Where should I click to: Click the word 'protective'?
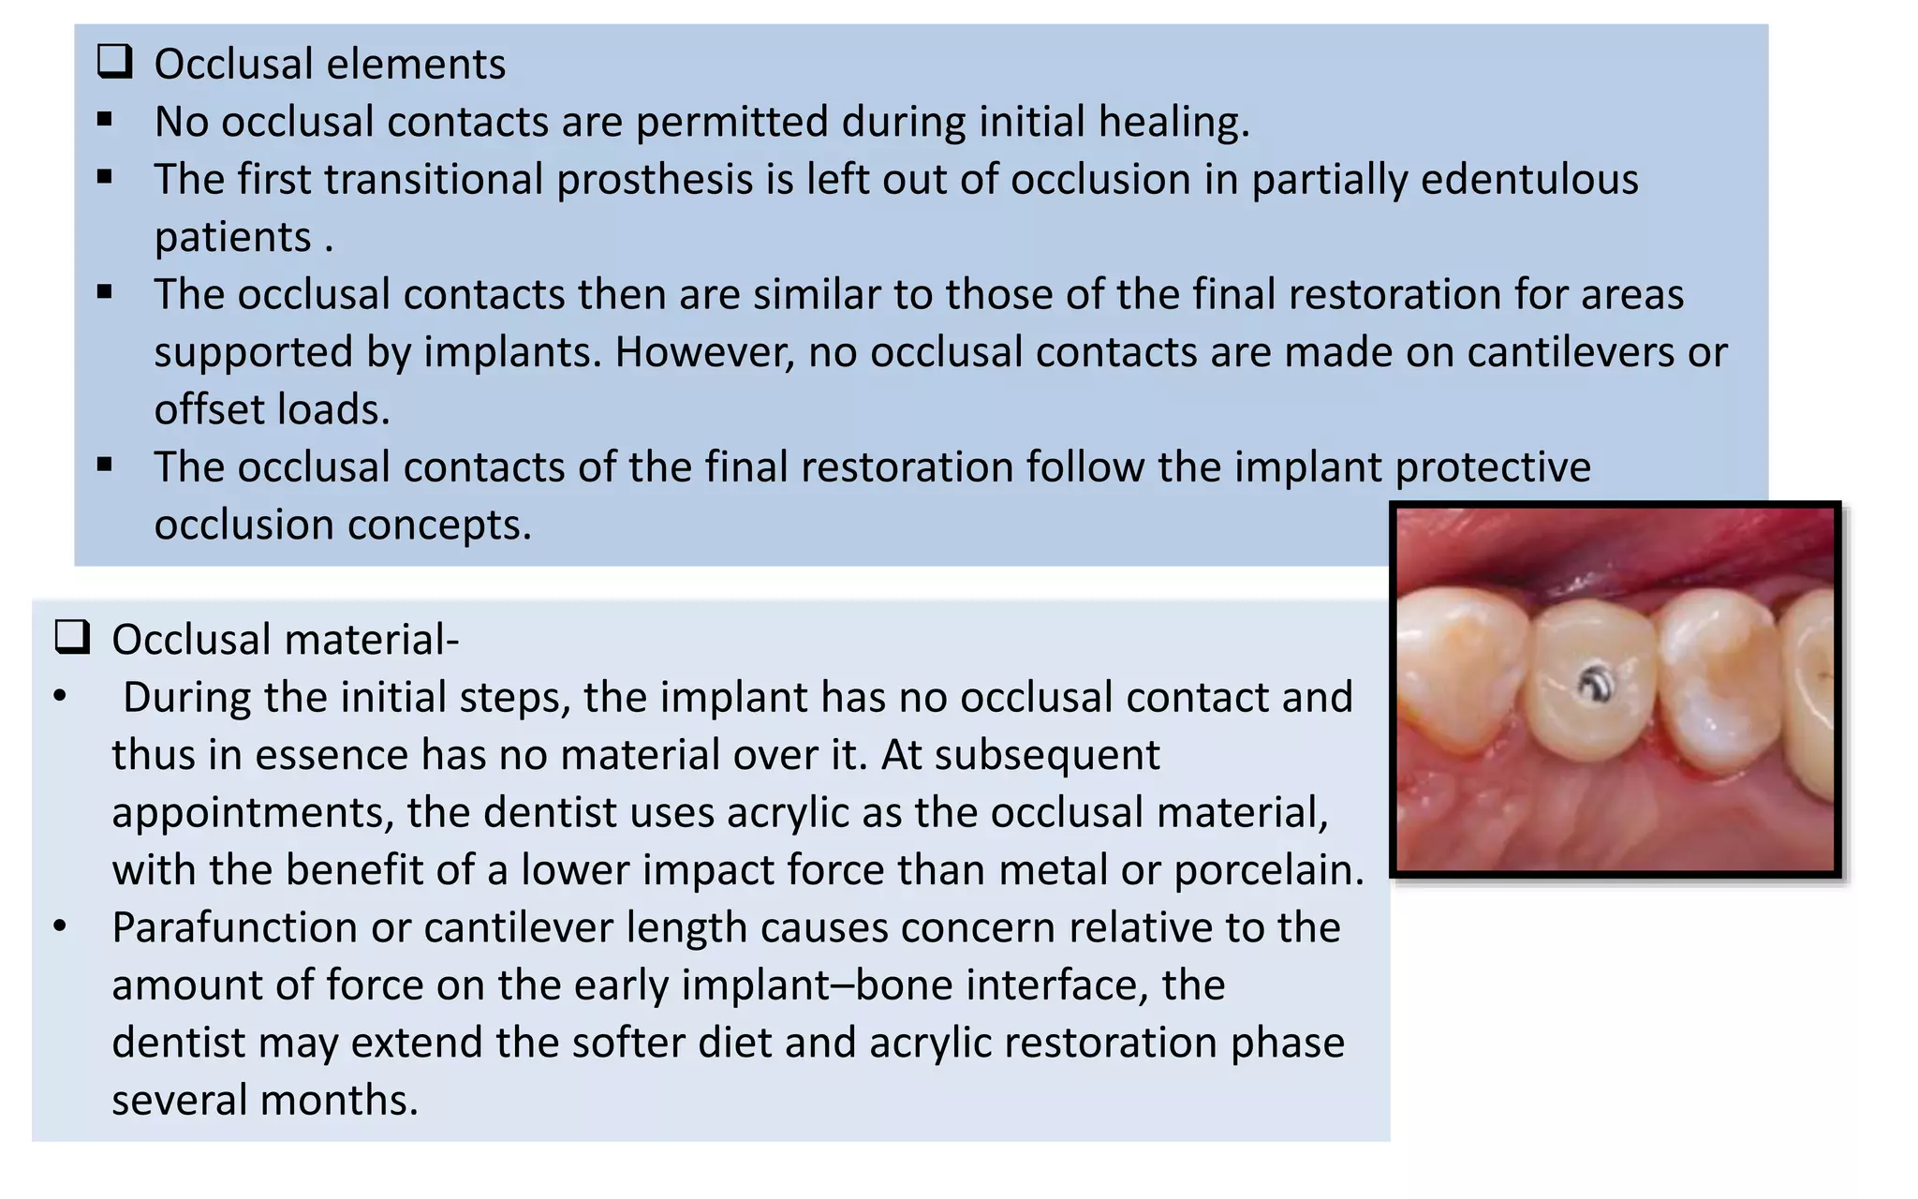point(1493,467)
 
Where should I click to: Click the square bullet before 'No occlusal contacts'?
point(105,120)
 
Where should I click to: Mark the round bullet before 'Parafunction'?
point(60,926)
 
